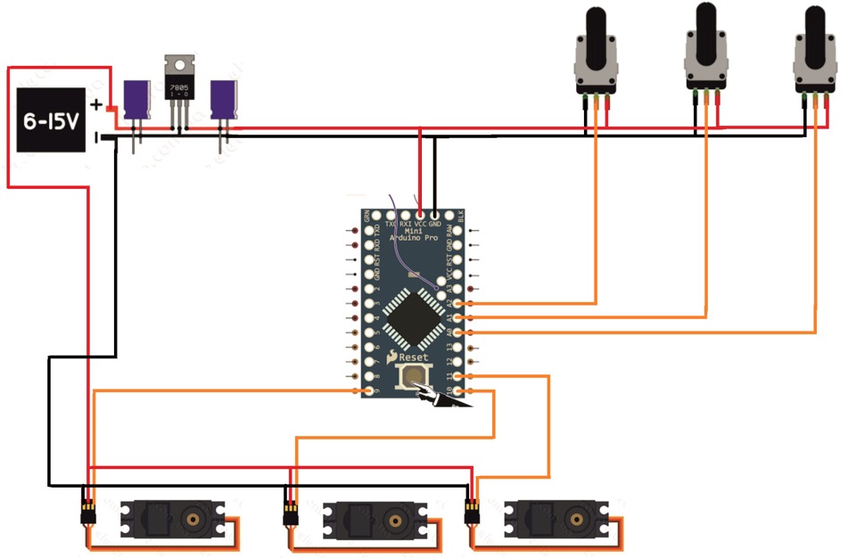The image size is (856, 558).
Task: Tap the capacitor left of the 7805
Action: [x=136, y=100]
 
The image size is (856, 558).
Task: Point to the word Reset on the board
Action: [x=413, y=357]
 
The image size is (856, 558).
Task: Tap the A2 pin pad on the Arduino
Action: [x=459, y=304]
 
